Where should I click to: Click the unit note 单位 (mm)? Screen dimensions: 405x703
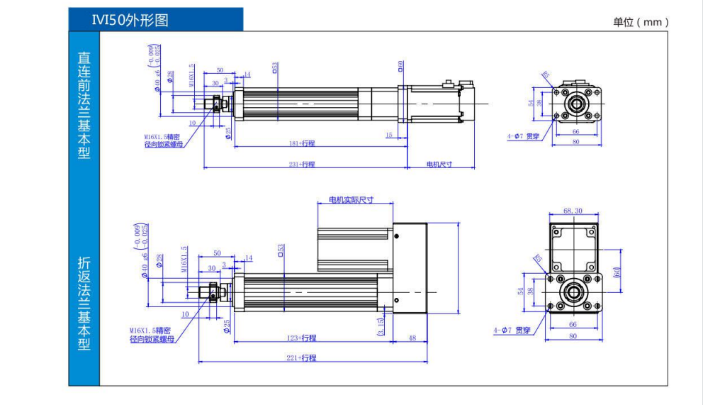[641, 22]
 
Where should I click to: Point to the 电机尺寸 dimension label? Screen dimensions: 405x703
[439, 164]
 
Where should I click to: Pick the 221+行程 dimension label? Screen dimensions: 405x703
[302, 358]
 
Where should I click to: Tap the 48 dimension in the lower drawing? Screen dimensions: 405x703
[412, 338]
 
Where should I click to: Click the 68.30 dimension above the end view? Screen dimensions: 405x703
[573, 211]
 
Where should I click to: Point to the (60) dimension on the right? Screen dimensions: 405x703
[617, 272]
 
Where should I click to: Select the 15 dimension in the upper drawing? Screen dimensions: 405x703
[389, 135]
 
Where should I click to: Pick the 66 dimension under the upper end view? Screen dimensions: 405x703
[575, 131]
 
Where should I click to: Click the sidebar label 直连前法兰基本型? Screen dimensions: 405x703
[84, 104]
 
